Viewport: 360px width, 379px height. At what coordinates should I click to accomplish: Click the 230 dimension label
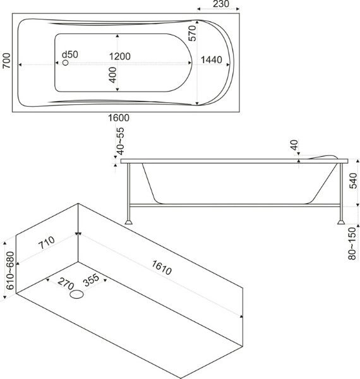pos(221,4)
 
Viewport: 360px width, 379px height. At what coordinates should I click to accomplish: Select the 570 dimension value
pos(193,33)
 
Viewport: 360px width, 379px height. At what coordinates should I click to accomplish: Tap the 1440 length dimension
pos(212,60)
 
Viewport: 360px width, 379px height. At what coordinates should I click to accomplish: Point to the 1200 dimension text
pos(120,56)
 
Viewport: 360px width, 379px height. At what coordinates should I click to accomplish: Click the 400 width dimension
pos(113,75)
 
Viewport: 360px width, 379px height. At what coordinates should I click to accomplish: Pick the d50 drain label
pos(70,54)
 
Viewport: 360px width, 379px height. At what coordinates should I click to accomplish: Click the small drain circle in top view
pos(65,63)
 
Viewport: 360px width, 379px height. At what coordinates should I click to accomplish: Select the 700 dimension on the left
pos(6,61)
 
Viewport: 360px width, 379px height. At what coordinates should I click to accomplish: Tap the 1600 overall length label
pos(118,117)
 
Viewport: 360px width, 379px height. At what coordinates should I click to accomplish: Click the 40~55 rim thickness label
pos(121,141)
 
